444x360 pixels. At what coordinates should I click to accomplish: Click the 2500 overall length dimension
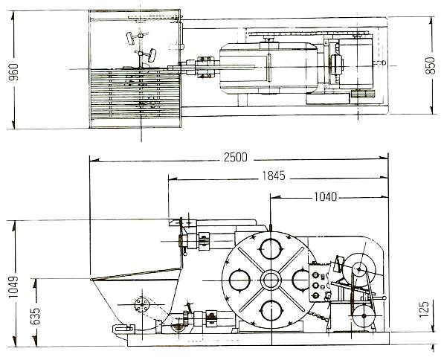[236, 157]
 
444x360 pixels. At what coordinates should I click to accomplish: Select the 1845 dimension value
[273, 176]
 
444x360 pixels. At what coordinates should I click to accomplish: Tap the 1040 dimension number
[326, 196]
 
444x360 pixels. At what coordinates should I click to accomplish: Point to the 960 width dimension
[13, 72]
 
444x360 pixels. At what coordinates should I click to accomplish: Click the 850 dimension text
[430, 65]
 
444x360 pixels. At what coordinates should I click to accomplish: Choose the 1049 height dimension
[13, 286]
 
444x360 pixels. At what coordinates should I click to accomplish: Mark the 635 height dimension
[35, 316]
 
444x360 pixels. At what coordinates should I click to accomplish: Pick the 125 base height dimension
[425, 309]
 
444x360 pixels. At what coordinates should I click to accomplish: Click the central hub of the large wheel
[271, 280]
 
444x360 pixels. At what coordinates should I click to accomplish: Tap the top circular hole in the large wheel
[271, 249]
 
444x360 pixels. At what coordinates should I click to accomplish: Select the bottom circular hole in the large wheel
[271, 311]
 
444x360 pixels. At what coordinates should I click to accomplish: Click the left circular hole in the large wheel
[239, 280]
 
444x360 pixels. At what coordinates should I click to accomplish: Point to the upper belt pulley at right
[359, 268]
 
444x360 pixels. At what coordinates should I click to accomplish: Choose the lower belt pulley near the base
[364, 315]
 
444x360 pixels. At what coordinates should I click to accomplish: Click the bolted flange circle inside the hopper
[141, 304]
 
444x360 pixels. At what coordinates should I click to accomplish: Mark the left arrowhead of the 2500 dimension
[94, 161]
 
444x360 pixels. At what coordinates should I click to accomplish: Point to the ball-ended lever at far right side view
[374, 298]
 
